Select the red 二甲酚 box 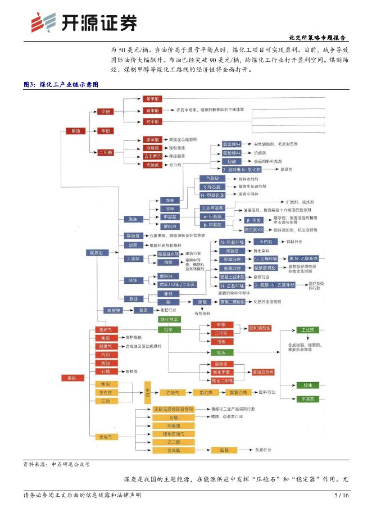pyautogui.click(x=106, y=152)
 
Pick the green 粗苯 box pyautogui.click(x=169, y=329)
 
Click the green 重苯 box pyautogui.click(x=221, y=352)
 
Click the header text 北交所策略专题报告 pyautogui.click(x=317, y=38)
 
